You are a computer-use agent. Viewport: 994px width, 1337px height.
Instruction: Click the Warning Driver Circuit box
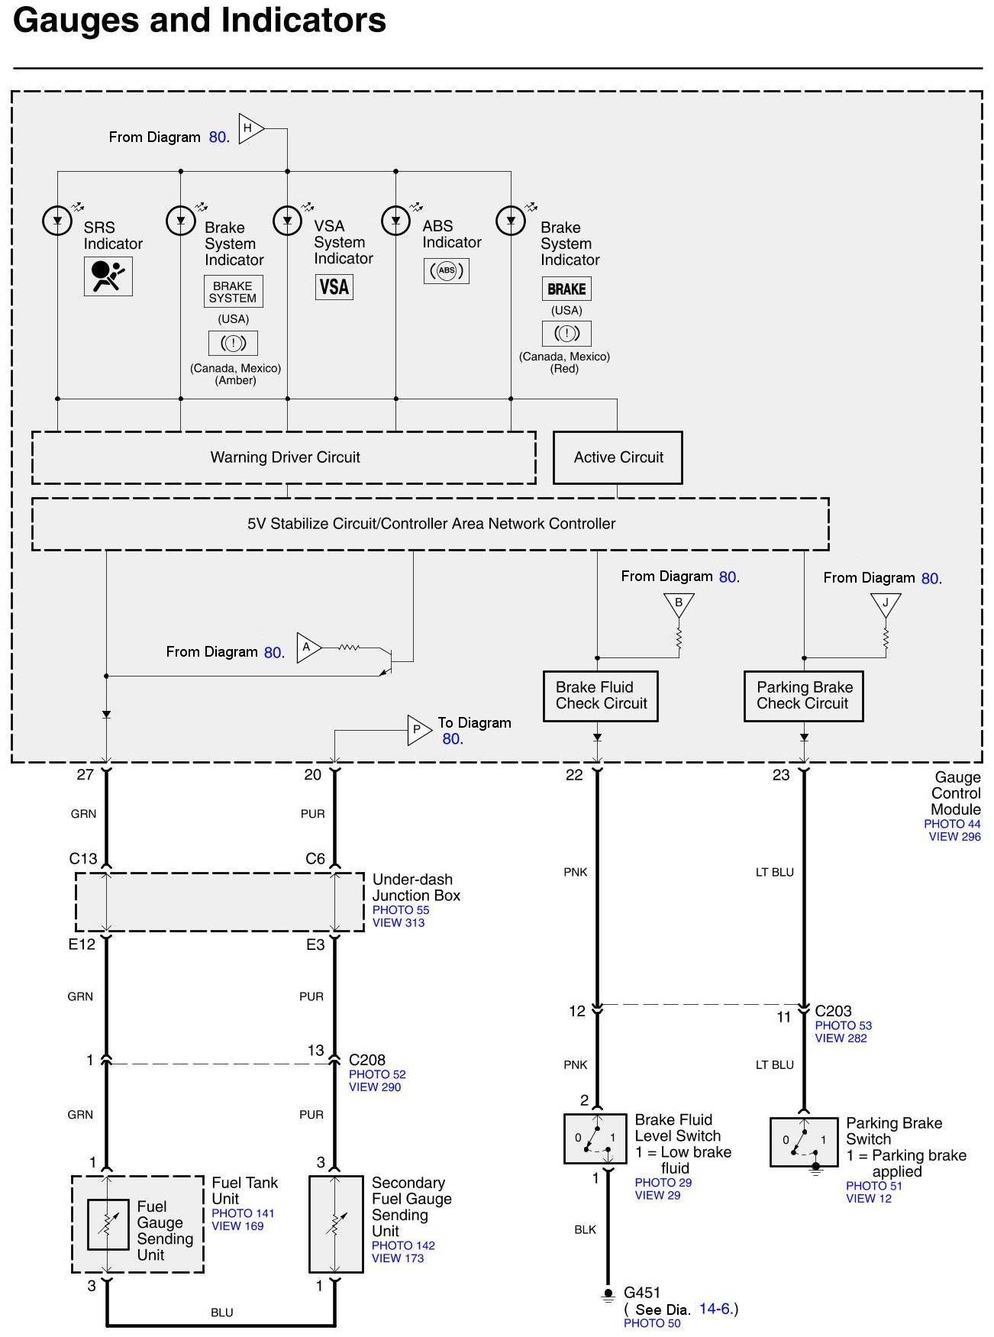click(283, 457)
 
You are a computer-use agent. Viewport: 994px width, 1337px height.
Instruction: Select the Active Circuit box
click(618, 457)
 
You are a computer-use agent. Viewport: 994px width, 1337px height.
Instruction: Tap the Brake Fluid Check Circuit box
click(601, 696)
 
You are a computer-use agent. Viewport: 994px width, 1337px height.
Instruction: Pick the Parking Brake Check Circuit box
click(803, 696)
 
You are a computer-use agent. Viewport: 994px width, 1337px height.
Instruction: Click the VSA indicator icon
click(334, 287)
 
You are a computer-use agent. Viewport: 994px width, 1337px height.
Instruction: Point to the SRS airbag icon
click(108, 276)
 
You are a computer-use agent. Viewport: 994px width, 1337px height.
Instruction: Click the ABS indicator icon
click(447, 270)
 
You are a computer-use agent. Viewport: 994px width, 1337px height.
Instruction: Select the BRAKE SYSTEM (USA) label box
click(233, 292)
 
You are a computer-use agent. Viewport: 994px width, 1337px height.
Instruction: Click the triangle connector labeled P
click(419, 730)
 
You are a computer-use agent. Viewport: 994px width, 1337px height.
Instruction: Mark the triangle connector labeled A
click(308, 648)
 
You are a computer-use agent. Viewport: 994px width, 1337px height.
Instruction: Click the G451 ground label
click(642, 1292)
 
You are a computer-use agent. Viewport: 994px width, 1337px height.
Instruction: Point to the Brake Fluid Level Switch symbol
click(595, 1138)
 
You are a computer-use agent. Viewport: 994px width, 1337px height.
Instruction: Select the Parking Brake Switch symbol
click(803, 1142)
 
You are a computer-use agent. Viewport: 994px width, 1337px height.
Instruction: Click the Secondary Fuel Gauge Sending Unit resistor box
click(336, 1224)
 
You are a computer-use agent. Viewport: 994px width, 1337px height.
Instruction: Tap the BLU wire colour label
click(222, 1313)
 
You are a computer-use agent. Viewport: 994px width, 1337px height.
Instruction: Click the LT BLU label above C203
click(775, 872)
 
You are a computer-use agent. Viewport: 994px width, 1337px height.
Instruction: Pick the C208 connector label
click(367, 1060)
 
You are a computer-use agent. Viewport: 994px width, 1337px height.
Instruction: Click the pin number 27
click(86, 774)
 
